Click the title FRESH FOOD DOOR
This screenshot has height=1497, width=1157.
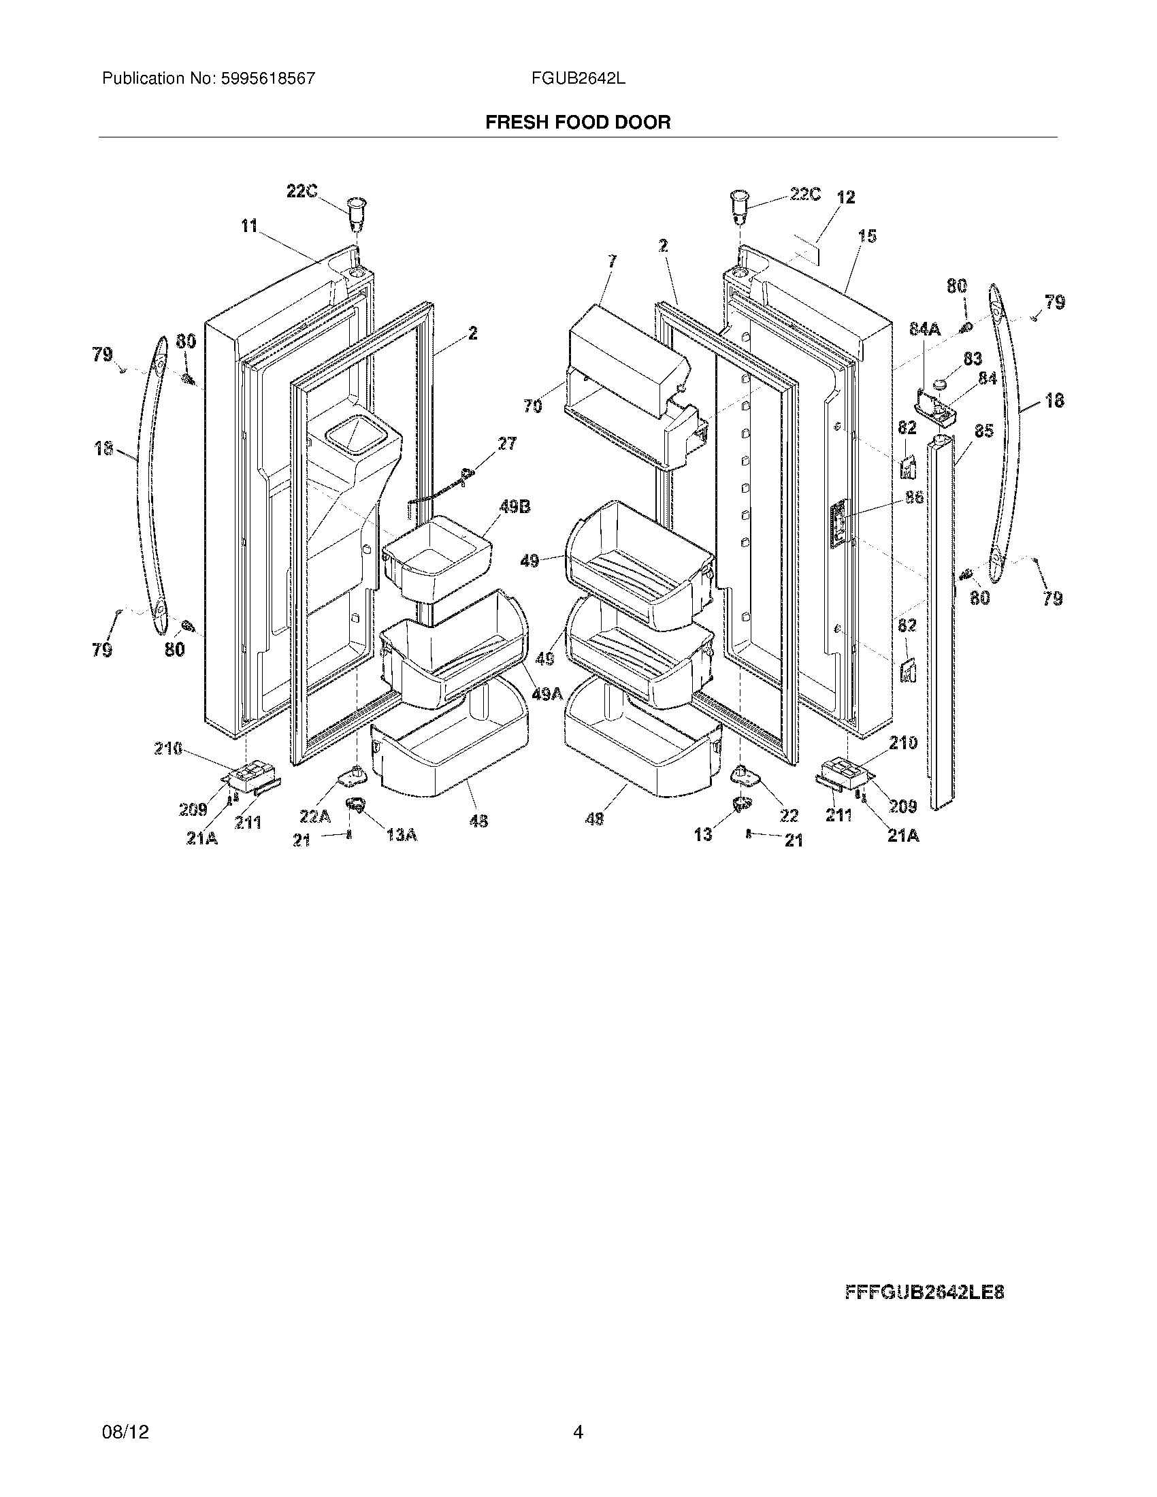578,122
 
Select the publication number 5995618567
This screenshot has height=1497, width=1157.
267,78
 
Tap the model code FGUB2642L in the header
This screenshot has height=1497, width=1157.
578,78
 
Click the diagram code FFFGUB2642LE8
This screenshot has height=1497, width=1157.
924,1293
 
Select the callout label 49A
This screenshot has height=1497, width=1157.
547,694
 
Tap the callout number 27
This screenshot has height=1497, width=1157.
507,444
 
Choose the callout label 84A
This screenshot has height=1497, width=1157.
925,330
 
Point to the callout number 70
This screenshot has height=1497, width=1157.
533,406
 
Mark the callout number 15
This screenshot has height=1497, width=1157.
867,237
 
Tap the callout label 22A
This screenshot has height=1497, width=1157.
314,816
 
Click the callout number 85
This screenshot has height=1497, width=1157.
983,432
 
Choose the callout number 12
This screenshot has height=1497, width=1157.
846,197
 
